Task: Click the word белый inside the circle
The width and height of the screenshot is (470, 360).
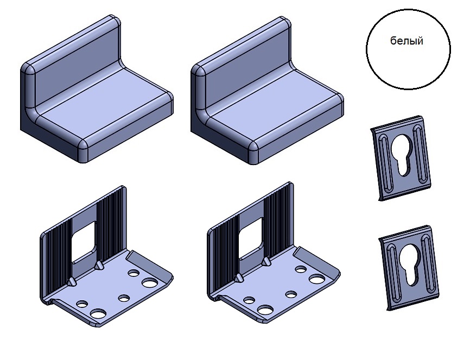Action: pyautogui.click(x=407, y=41)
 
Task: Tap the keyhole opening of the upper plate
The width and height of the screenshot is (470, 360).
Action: pyautogui.click(x=402, y=155)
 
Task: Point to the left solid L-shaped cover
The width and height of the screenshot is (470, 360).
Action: pyautogui.click(x=97, y=89)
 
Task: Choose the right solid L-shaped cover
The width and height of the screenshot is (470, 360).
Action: pyautogui.click(x=267, y=90)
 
